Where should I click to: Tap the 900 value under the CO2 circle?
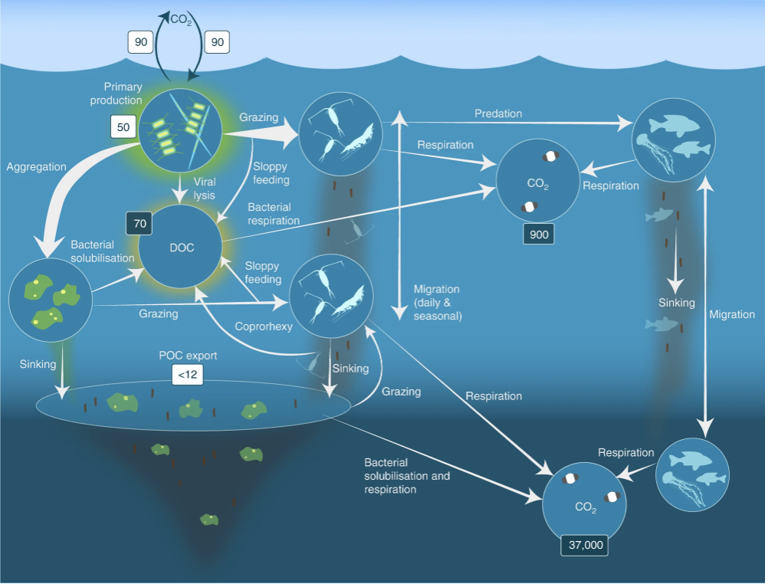coord(539,235)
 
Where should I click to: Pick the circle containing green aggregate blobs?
coord(51,300)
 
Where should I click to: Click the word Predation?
coord(498,113)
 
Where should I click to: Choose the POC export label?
coord(188,355)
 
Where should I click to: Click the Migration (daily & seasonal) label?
coord(437,302)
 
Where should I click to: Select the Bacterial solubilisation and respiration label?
coord(406,476)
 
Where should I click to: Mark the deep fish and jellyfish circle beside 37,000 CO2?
coord(694,474)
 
